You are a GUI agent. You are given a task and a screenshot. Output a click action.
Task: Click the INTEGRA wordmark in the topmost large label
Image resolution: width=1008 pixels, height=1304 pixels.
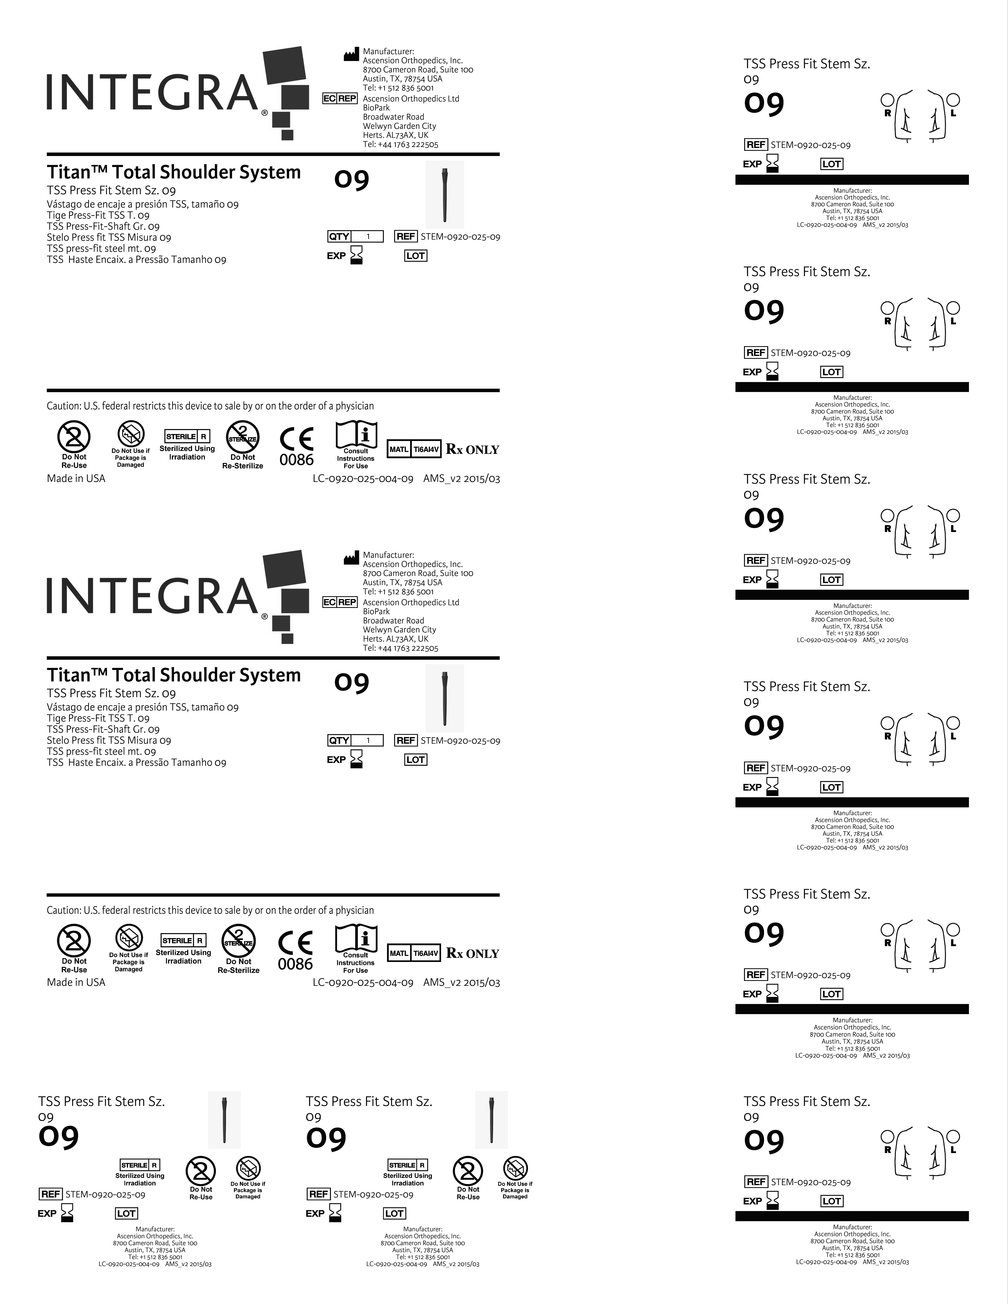pyautogui.click(x=152, y=93)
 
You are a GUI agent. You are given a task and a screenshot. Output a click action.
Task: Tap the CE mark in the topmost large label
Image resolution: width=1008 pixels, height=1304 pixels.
pyautogui.click(x=297, y=439)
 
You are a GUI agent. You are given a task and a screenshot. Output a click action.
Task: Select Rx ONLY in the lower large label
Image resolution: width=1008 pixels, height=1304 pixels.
pyautogui.click(x=472, y=954)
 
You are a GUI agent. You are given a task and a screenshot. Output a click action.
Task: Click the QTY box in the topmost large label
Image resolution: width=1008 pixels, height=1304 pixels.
pyautogui.click(x=355, y=236)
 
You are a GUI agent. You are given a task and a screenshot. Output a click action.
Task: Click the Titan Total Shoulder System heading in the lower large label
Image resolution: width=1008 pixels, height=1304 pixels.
pyautogui.click(x=174, y=675)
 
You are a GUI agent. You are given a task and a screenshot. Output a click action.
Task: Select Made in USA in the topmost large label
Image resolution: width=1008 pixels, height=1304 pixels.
pyautogui.click(x=76, y=478)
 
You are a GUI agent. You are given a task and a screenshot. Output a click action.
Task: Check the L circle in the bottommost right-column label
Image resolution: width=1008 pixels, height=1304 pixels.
pyautogui.click(x=954, y=1136)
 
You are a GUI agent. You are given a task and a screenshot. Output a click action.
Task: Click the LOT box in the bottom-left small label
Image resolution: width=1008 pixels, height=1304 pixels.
pyautogui.click(x=126, y=1213)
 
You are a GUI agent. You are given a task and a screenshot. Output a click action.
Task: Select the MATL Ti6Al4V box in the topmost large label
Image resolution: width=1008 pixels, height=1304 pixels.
pyautogui.click(x=414, y=449)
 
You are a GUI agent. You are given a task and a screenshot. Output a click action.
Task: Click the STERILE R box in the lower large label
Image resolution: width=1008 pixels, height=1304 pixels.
pyautogui.click(x=183, y=940)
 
